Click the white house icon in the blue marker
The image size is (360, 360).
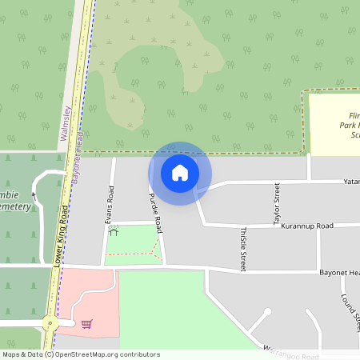(x=180, y=172)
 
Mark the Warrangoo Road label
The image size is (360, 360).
(x=293, y=353)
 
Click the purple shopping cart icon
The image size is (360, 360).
(x=86, y=323)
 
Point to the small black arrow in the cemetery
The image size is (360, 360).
(x=33, y=194)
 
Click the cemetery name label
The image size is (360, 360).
(x=15, y=201)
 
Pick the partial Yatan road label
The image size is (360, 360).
(x=352, y=182)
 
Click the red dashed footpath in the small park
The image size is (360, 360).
(x=132, y=254)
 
